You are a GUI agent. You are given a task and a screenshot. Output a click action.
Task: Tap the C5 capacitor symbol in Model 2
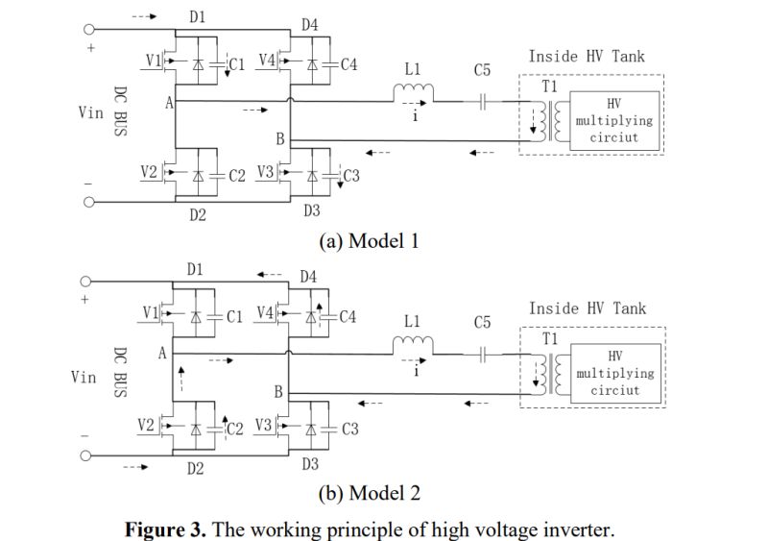tap(482, 354)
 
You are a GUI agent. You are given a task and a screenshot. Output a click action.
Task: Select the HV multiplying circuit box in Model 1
tap(614, 121)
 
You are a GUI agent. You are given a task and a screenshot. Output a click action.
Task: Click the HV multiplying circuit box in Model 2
tap(614, 373)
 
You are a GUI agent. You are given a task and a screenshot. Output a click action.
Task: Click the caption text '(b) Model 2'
tap(370, 493)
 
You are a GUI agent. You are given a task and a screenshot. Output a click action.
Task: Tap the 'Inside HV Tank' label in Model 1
tap(588, 57)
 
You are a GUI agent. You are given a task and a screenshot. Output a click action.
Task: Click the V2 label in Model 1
tap(148, 172)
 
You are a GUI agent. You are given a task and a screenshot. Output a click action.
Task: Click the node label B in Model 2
tap(278, 391)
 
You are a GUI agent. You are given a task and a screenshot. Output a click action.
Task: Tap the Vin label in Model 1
tap(91, 112)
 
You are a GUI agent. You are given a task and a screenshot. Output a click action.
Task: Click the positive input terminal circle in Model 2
tap(88, 282)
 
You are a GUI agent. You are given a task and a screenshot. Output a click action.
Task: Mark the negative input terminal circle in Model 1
tap(89, 203)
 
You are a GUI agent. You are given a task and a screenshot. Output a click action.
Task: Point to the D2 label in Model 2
tap(196, 468)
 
